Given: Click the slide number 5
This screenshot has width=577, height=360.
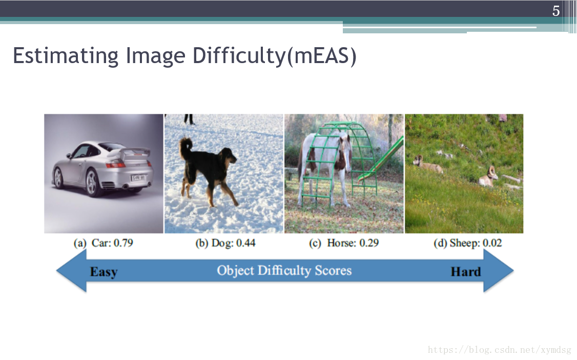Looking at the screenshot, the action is click(x=555, y=11).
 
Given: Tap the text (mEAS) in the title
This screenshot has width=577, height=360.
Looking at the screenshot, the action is click(x=321, y=56).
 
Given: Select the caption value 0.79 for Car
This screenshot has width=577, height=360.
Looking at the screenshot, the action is click(x=123, y=243).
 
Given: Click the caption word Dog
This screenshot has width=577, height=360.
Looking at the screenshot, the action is click(x=222, y=243).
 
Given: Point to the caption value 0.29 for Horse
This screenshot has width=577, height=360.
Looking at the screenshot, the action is click(x=369, y=243).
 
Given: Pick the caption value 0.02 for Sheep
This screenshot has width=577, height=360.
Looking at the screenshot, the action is click(x=492, y=243).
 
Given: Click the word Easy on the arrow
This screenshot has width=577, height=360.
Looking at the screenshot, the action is click(x=104, y=272).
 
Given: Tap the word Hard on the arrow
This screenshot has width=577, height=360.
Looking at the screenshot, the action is click(x=466, y=272).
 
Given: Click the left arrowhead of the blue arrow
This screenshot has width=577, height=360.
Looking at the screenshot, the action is click(x=71, y=271).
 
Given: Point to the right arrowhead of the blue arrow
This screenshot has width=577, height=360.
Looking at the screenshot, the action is click(x=498, y=271).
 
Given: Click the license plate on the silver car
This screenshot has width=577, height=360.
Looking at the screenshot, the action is click(x=138, y=178).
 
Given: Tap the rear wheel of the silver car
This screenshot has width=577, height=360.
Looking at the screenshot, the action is click(x=92, y=183).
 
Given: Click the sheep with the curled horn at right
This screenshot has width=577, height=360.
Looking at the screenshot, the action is click(x=488, y=177).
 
